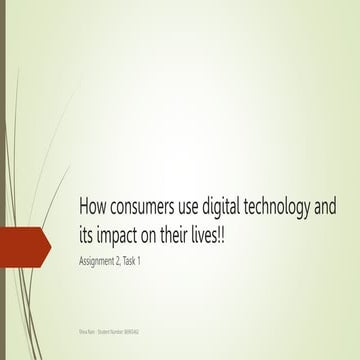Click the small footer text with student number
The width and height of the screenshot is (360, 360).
(109, 328)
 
